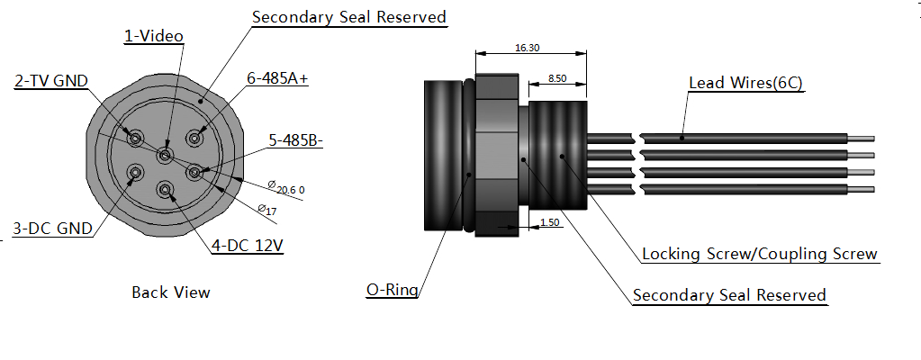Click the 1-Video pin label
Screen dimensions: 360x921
point(153,36)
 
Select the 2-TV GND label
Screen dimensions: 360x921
point(51,81)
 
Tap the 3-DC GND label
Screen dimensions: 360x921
point(52,229)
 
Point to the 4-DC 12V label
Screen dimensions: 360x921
point(248,245)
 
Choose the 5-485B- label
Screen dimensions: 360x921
point(296,140)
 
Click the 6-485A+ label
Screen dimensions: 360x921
point(277,78)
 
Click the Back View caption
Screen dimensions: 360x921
point(170,292)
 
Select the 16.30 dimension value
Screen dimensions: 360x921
point(528,48)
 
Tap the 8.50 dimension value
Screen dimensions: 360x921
point(557,79)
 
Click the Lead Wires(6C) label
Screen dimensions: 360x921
point(745,83)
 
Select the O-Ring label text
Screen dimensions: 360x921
point(393,290)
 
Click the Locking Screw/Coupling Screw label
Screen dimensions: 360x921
point(759,254)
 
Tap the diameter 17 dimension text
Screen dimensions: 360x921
point(266,210)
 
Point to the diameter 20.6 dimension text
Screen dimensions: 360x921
point(290,188)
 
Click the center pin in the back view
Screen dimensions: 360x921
point(165,156)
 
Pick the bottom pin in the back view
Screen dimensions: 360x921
point(165,189)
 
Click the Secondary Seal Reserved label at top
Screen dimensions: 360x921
point(348,17)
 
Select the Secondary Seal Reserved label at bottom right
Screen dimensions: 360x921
point(729,295)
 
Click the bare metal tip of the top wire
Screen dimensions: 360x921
point(861,139)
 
